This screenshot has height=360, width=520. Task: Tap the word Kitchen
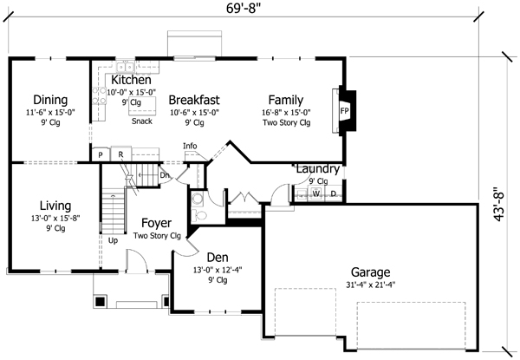[132, 80]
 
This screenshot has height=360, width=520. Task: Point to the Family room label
[285, 99]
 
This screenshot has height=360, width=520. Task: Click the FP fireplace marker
[344, 112]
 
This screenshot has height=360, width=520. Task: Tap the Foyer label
[156, 223]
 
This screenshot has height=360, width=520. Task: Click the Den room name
[217, 257]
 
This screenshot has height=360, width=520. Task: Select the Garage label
[370, 271]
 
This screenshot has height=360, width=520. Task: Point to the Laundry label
[317, 168]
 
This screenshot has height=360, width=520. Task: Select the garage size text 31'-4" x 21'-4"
[370, 284]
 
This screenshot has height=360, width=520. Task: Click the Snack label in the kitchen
[142, 121]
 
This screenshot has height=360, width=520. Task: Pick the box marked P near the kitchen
[101, 154]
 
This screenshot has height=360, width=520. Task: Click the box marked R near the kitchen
[121, 154]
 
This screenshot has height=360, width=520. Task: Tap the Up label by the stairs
[113, 240]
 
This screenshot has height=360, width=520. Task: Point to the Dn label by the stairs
[166, 174]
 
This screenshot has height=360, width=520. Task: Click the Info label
[190, 146]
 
